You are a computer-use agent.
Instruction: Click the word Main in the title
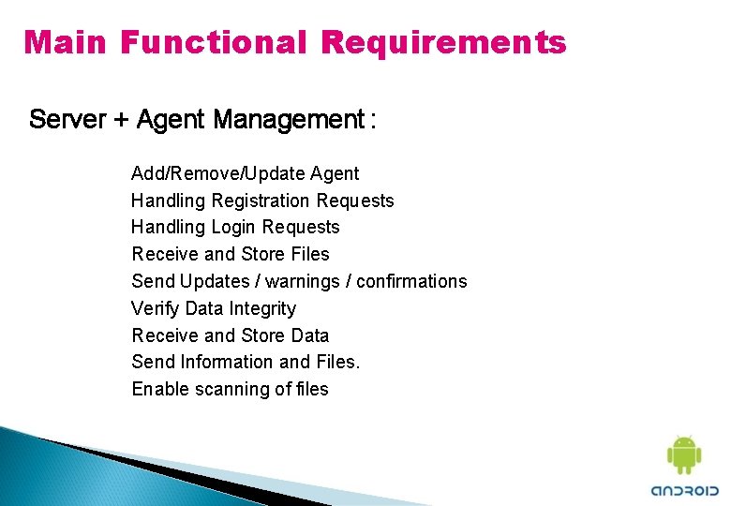pyautogui.click(x=66, y=42)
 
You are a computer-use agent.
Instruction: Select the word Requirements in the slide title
pyautogui.click(x=443, y=42)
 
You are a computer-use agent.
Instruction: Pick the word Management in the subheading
pyautogui.click(x=288, y=120)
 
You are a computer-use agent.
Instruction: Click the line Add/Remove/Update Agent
pyautogui.click(x=245, y=173)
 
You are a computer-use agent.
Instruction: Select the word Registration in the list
pyautogui.click(x=264, y=201)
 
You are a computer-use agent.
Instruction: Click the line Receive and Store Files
pyautogui.click(x=231, y=254)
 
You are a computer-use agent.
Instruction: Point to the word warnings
pyautogui.click(x=298, y=281)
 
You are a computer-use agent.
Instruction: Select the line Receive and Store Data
pyautogui.click(x=231, y=335)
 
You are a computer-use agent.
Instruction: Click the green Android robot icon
pyautogui.click(x=683, y=455)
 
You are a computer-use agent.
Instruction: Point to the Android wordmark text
pyautogui.click(x=685, y=490)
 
